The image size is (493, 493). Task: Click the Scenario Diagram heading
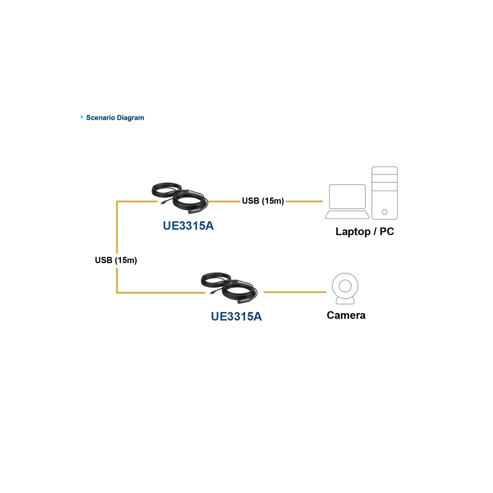pyautogui.click(x=115, y=118)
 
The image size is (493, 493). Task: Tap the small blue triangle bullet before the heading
pyautogui.click(x=82, y=117)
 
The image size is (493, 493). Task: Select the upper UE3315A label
pyautogui.click(x=188, y=226)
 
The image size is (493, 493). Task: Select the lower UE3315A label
pyautogui.click(x=236, y=316)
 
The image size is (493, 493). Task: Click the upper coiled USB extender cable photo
pyautogui.click(x=180, y=198)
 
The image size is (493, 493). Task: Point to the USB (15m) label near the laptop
pyautogui.click(x=263, y=201)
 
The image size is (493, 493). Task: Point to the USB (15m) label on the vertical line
pyautogui.click(x=116, y=260)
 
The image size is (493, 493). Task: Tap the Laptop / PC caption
pyautogui.click(x=365, y=231)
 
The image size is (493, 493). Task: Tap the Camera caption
pyautogui.click(x=346, y=315)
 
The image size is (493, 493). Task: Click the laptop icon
pyautogui.click(x=347, y=202)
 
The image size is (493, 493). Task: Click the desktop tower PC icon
pyautogui.click(x=385, y=193)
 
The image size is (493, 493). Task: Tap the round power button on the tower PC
pyautogui.click(x=385, y=212)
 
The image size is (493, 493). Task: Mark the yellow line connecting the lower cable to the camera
pyautogui.click(x=295, y=292)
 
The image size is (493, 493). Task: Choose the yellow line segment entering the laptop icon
pyautogui.click(x=304, y=202)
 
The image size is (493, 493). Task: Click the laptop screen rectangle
pyautogui.click(x=347, y=197)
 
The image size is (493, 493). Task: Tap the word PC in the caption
pyautogui.click(x=387, y=231)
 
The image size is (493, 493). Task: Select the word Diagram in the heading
pyautogui.click(x=130, y=118)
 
